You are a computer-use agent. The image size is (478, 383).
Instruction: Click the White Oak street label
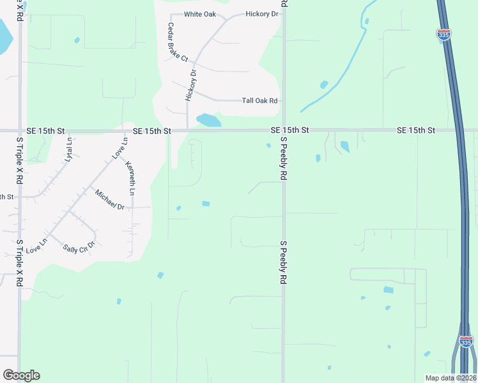pyautogui.click(x=201, y=14)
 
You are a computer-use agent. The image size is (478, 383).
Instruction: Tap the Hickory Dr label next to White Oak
pyautogui.click(x=262, y=14)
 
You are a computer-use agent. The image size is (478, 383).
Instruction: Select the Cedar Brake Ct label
pyautogui.click(x=177, y=42)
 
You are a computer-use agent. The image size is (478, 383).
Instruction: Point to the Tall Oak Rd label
pyautogui.click(x=260, y=101)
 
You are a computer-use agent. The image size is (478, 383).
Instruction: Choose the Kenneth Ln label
pyautogui.click(x=131, y=178)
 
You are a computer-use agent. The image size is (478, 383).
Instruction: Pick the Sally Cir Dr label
pyautogui.click(x=79, y=246)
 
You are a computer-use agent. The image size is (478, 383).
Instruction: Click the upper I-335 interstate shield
pyautogui.click(x=444, y=34)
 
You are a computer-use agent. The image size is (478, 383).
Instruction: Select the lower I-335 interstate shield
pyautogui.click(x=466, y=342)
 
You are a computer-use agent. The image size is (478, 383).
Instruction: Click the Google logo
pyautogui.click(x=21, y=375)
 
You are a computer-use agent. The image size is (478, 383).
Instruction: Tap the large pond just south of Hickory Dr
pyautogui.click(x=208, y=120)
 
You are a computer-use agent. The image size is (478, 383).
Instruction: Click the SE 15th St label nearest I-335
pyautogui.click(x=415, y=130)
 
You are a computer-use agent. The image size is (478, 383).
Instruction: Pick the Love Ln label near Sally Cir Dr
pyautogui.click(x=36, y=245)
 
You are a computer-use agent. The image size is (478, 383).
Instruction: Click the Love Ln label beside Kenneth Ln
pyautogui.click(x=119, y=149)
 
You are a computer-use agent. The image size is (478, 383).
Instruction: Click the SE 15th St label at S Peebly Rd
pyautogui.click(x=289, y=130)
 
